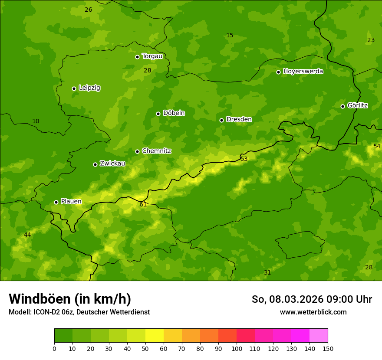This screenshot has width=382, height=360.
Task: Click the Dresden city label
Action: [239, 119]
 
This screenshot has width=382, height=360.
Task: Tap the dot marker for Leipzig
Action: [74, 88]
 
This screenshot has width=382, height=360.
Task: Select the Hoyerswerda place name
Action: [303, 71]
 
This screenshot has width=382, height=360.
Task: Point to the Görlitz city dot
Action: [342, 106]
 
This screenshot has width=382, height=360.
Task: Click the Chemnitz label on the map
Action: [156, 151]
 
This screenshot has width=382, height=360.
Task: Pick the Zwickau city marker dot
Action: [95, 164]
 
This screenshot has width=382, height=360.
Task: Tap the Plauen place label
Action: [71, 201]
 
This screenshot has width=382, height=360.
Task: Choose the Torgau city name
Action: [152, 56]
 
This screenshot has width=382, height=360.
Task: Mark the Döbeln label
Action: [174, 113]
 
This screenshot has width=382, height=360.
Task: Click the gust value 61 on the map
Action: [143, 204]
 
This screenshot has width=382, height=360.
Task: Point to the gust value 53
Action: [244, 159]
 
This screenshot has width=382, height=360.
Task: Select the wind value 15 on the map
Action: [230, 35]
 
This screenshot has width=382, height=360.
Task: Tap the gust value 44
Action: [27, 235]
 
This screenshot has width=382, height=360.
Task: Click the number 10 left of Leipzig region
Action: [36, 121]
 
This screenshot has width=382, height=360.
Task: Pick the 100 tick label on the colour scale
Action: [237, 348]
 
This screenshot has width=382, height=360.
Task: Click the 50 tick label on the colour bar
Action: [145, 348]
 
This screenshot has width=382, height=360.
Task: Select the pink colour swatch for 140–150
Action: [319, 336]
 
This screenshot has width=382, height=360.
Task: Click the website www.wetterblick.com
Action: [313, 312]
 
